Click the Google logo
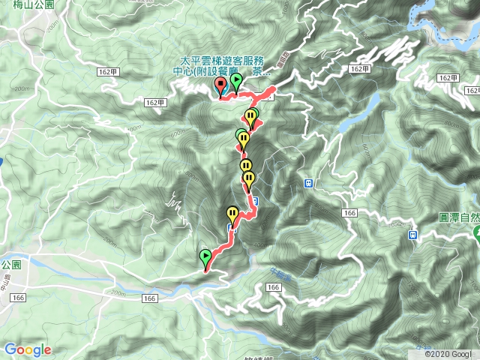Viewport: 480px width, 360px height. (x=28, y=349)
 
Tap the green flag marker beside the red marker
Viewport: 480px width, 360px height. (x=236, y=81)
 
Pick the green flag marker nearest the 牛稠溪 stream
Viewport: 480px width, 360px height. (x=205, y=259)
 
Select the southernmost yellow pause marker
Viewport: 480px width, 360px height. (x=232, y=214)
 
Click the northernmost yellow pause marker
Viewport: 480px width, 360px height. (x=250, y=117)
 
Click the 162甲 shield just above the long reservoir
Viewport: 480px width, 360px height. (x=360, y=69)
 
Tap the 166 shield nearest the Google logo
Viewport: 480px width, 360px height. (x=17, y=297)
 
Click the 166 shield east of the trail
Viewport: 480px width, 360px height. (x=348, y=214)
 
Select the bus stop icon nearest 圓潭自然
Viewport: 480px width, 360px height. (x=412, y=235)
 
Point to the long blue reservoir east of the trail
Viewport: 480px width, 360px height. (x=347, y=121)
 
